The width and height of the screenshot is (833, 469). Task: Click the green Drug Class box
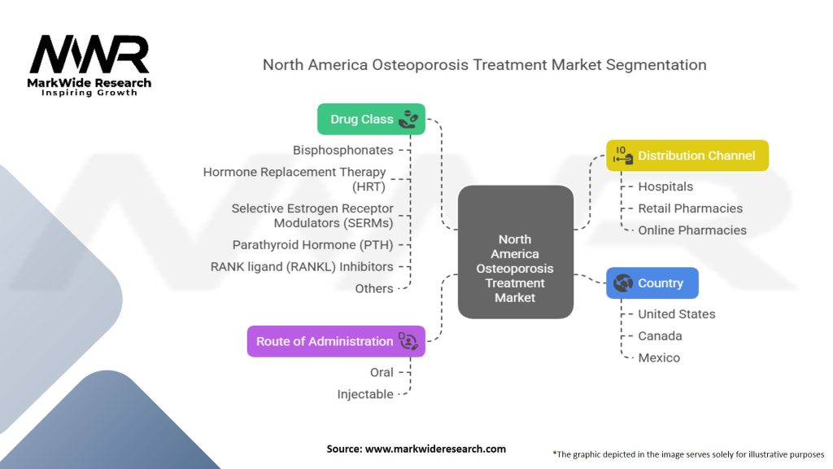(371, 119)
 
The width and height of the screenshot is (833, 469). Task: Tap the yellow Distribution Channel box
(687, 156)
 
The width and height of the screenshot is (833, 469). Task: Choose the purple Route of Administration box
(335, 341)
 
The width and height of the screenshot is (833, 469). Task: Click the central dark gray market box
(515, 252)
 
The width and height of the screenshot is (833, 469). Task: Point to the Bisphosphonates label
(342, 150)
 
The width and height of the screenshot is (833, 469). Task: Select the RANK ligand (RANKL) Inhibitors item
(301, 266)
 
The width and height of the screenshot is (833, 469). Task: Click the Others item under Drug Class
(373, 288)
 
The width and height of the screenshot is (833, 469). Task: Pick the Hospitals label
(665, 186)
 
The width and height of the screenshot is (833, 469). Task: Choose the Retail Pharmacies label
(690, 208)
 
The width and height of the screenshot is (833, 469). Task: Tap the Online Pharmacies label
(691, 230)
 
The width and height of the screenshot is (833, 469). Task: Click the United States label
(676, 314)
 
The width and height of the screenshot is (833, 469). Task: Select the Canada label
(660, 336)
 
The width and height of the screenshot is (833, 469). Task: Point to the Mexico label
(658, 358)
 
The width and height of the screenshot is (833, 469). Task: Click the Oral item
(382, 372)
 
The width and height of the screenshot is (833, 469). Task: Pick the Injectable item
(365, 394)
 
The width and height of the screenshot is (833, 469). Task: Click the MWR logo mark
(89, 55)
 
